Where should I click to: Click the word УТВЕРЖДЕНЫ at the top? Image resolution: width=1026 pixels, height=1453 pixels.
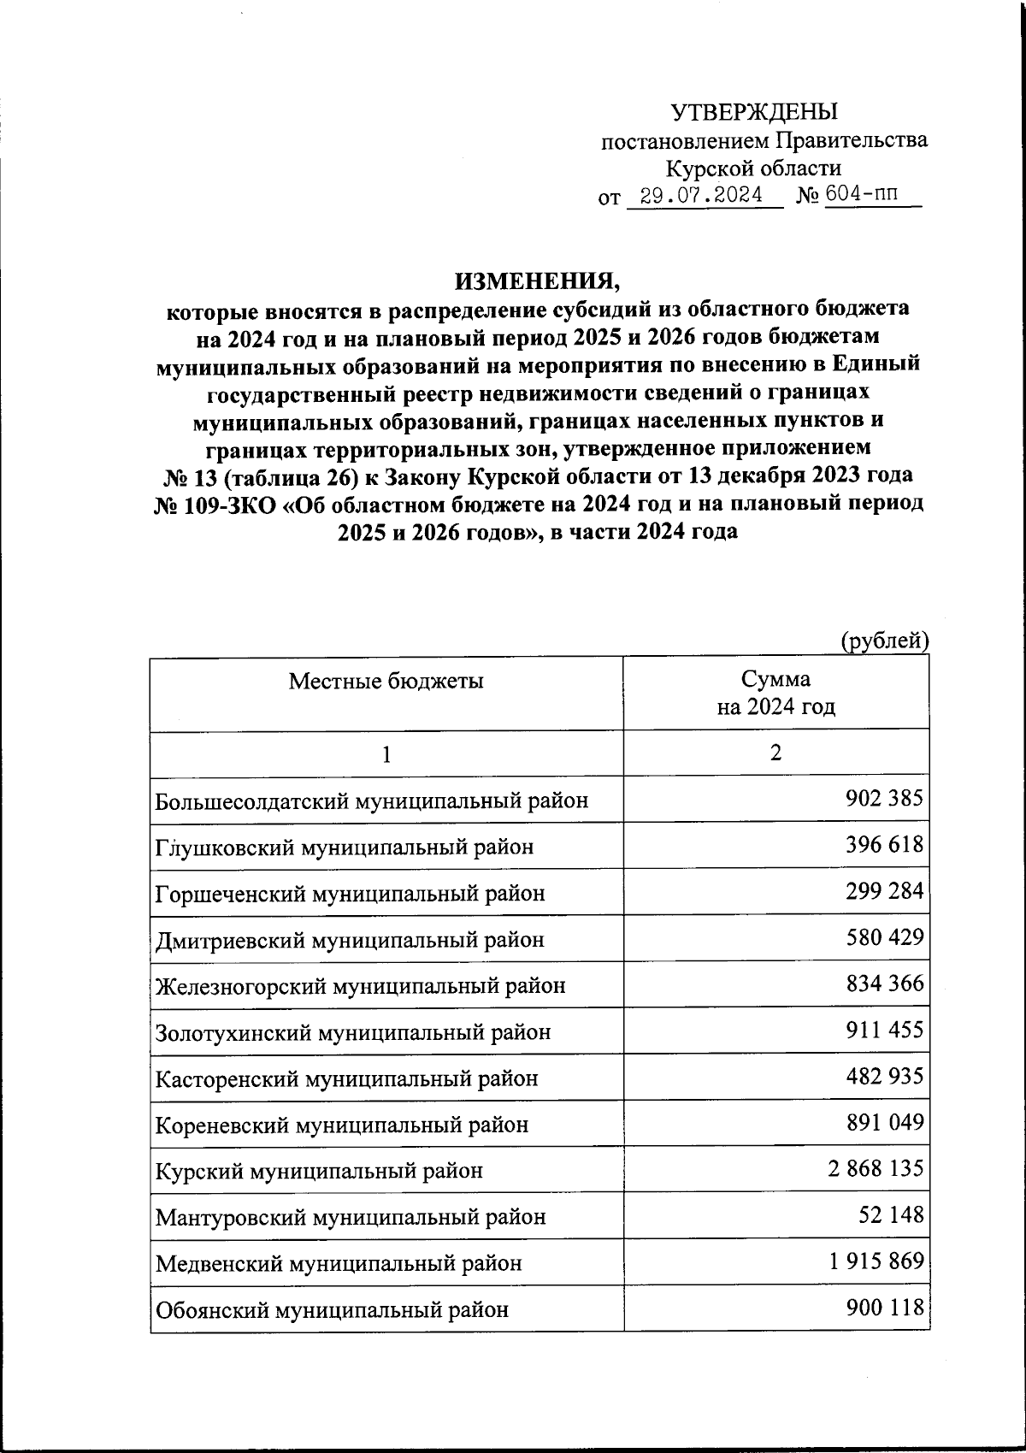[753, 112]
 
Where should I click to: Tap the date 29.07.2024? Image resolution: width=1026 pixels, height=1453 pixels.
[703, 196]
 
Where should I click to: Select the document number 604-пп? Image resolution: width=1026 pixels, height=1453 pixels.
[862, 195]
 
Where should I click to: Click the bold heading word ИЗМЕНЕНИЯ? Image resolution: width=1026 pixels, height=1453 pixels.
[536, 280]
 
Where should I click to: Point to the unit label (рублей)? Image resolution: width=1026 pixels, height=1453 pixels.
[883, 641]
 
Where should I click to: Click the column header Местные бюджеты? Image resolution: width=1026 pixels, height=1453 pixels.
[386, 681]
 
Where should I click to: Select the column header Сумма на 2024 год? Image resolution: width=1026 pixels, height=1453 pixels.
[775, 693]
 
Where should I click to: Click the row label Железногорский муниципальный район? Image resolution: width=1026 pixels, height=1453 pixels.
[360, 985]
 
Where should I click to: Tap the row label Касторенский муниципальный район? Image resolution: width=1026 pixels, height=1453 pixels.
[346, 1078]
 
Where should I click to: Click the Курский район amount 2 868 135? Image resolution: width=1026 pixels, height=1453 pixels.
[876, 1167]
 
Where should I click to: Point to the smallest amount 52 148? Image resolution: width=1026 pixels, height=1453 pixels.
[891, 1214]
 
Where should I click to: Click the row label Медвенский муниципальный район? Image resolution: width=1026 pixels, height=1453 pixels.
[338, 1262]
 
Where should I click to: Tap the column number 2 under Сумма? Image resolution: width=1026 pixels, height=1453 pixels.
[775, 753]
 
